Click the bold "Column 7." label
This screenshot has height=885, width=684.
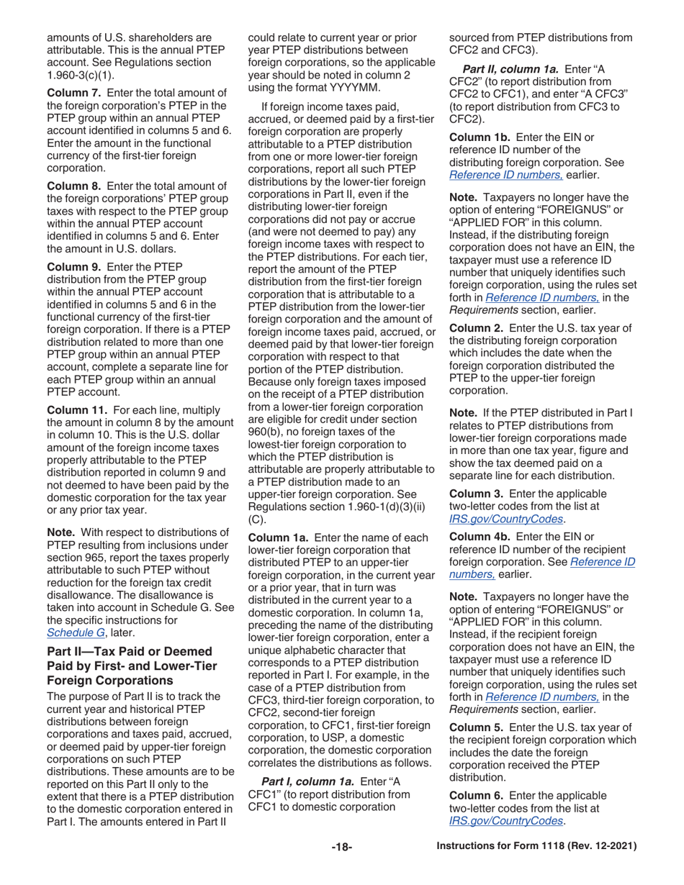pyautogui.click(x=73, y=93)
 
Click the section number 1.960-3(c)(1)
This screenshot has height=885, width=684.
pyautogui.click(x=81, y=74)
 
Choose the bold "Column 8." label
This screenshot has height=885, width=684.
pyautogui.click(x=73, y=183)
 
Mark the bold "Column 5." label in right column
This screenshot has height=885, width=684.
pyautogui.click(x=477, y=740)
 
